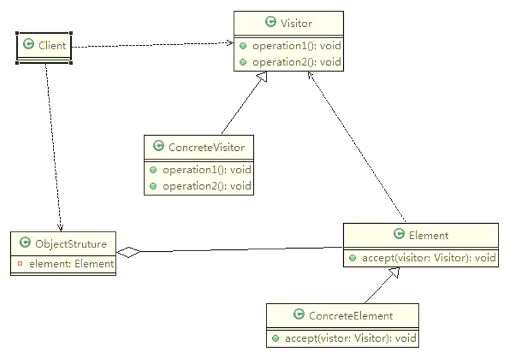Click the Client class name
point(52,46)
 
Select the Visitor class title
point(296,23)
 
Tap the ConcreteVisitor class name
point(206,147)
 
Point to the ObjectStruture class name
point(71,244)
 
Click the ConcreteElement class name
point(351,316)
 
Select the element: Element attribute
point(71,264)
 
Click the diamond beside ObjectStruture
point(128,252)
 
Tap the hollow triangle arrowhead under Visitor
point(262,77)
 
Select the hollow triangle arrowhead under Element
point(394,272)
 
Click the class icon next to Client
point(29,44)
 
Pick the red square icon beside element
point(20,263)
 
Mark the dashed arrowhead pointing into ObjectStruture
point(60,228)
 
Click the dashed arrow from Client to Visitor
point(153,45)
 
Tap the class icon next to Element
point(399,234)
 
